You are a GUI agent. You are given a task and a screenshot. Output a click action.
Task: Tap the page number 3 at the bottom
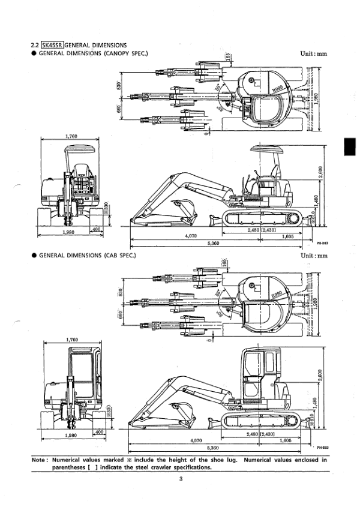[x=179, y=478]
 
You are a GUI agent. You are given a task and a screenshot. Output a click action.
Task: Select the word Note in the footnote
[x=40, y=460]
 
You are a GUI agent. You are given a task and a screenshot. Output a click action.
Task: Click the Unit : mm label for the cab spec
[x=314, y=256]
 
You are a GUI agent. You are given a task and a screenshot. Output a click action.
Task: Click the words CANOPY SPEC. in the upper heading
[x=125, y=53]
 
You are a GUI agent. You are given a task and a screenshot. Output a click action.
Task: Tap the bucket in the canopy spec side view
[x=184, y=207]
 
